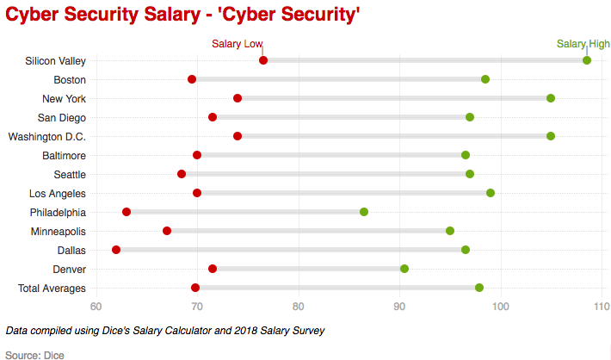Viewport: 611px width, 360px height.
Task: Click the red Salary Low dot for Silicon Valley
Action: click(263, 60)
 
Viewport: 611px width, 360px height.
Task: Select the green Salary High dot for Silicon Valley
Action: click(587, 60)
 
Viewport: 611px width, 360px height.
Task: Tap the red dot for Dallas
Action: click(116, 250)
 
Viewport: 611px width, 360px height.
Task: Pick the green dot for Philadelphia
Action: click(364, 212)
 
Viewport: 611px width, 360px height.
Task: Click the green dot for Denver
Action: click(404, 269)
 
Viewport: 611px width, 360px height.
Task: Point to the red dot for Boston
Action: click(192, 79)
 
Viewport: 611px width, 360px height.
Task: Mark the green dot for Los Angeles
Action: click(491, 193)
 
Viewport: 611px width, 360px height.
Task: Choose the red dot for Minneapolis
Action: click(167, 231)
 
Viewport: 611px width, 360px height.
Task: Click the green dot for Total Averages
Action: click(479, 288)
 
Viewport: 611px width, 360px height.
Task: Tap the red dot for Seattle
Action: click(182, 174)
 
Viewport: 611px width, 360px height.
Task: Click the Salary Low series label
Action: click(237, 44)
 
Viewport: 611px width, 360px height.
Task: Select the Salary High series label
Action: click(583, 44)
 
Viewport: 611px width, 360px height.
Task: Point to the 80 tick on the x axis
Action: click(299, 307)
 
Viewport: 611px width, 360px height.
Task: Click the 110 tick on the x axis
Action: click(602, 307)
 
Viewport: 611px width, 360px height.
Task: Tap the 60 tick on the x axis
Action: click(96, 307)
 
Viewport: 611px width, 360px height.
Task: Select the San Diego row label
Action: click(61, 117)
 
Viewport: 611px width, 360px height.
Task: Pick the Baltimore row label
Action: click(64, 155)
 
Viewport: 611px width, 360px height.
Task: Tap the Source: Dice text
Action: click(34, 354)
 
